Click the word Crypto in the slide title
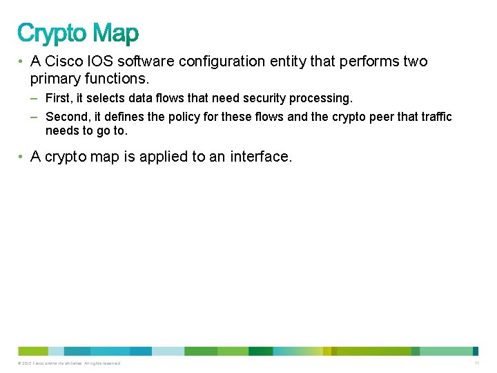coord(52,33)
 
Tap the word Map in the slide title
coord(115,32)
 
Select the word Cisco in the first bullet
coord(64,61)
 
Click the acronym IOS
coord(101,61)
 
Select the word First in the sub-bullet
coord(58,99)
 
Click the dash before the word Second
coord(35,117)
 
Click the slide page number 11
coord(476,363)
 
